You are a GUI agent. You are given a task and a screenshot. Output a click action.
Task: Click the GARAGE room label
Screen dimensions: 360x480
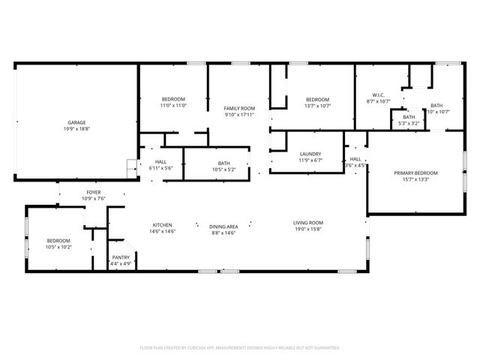76,121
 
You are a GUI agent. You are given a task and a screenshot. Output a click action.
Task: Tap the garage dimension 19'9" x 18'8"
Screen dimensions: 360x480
76,128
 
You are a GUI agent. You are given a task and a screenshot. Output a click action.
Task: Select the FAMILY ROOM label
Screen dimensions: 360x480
239,109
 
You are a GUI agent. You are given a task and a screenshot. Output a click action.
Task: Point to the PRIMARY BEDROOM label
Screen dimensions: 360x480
415,173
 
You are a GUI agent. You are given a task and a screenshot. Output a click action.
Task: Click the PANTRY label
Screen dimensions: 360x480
121,257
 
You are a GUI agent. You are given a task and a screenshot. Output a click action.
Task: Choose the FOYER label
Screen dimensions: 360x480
94,192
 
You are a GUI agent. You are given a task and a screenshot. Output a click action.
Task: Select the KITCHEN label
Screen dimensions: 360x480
163,225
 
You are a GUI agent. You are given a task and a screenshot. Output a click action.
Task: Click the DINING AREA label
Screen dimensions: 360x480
223,225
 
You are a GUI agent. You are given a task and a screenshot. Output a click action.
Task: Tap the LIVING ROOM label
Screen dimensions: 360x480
307,222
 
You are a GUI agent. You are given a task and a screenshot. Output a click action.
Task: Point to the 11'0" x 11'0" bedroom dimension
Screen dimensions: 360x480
173,106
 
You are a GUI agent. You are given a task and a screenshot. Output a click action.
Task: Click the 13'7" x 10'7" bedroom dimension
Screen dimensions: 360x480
317,106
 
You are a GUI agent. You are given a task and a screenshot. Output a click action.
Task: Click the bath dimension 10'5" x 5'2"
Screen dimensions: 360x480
223,169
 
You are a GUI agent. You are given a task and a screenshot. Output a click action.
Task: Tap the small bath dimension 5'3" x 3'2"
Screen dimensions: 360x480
409,124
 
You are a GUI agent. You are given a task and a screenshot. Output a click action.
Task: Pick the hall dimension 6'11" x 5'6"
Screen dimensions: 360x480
161,168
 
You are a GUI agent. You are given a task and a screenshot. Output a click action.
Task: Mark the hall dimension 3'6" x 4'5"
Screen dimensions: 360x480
355,165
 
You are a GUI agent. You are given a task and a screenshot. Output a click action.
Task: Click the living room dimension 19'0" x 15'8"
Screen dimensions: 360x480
307,229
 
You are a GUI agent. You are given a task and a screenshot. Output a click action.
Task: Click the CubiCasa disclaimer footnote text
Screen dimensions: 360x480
240,348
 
